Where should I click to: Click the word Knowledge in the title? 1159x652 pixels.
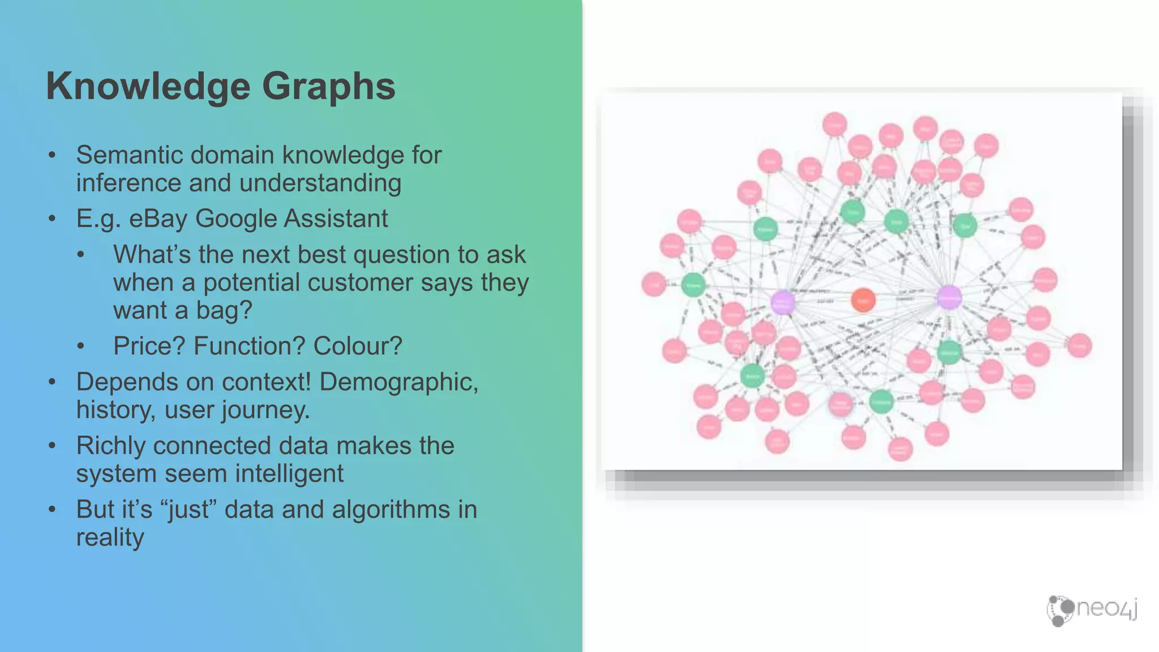(x=148, y=87)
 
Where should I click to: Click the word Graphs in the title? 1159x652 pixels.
(x=328, y=87)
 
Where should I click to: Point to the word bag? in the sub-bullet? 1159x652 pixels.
(x=224, y=310)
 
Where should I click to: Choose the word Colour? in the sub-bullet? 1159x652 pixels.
(x=358, y=346)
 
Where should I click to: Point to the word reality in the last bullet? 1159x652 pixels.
(x=110, y=537)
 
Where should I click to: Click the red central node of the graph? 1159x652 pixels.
(x=863, y=300)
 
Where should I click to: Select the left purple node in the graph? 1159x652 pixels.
(x=783, y=302)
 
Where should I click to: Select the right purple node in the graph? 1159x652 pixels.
(x=949, y=298)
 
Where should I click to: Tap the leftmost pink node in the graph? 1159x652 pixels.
(x=654, y=284)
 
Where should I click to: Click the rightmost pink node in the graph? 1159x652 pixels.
(x=1079, y=346)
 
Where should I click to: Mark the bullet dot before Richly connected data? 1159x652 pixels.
(x=52, y=446)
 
